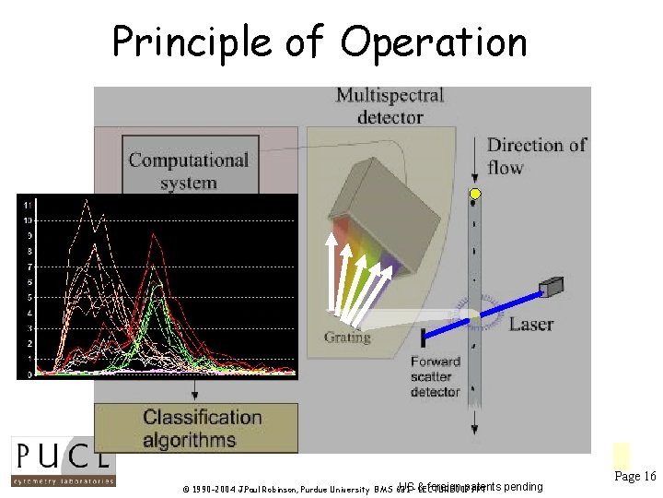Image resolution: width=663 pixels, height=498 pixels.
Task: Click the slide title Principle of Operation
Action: coord(320,42)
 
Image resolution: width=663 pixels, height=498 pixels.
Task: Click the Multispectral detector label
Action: coord(390,106)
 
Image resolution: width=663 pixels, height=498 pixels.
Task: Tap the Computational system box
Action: coord(188,171)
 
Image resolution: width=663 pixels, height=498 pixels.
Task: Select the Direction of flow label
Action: coord(536,156)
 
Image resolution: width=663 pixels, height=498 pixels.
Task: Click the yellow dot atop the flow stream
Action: coord(475,194)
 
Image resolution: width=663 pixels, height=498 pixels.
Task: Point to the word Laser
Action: coord(531,324)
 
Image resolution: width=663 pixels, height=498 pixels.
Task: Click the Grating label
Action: coord(347,338)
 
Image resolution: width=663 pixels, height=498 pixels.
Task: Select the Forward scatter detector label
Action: coord(435,376)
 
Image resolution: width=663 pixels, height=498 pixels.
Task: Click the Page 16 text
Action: coord(634,477)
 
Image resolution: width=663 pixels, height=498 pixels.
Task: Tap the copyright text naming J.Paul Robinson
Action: coord(276,488)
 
